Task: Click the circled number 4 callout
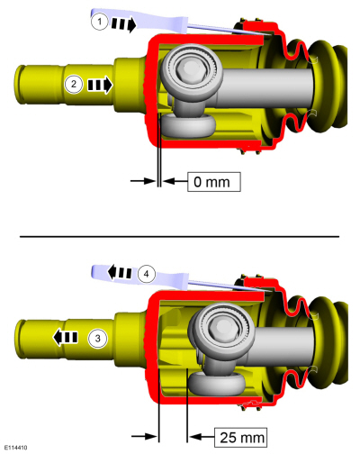coord(146,270)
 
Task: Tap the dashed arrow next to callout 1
coord(125,24)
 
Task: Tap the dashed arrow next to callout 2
coord(99,86)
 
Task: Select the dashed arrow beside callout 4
coord(117,269)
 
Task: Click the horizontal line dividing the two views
coord(180,235)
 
